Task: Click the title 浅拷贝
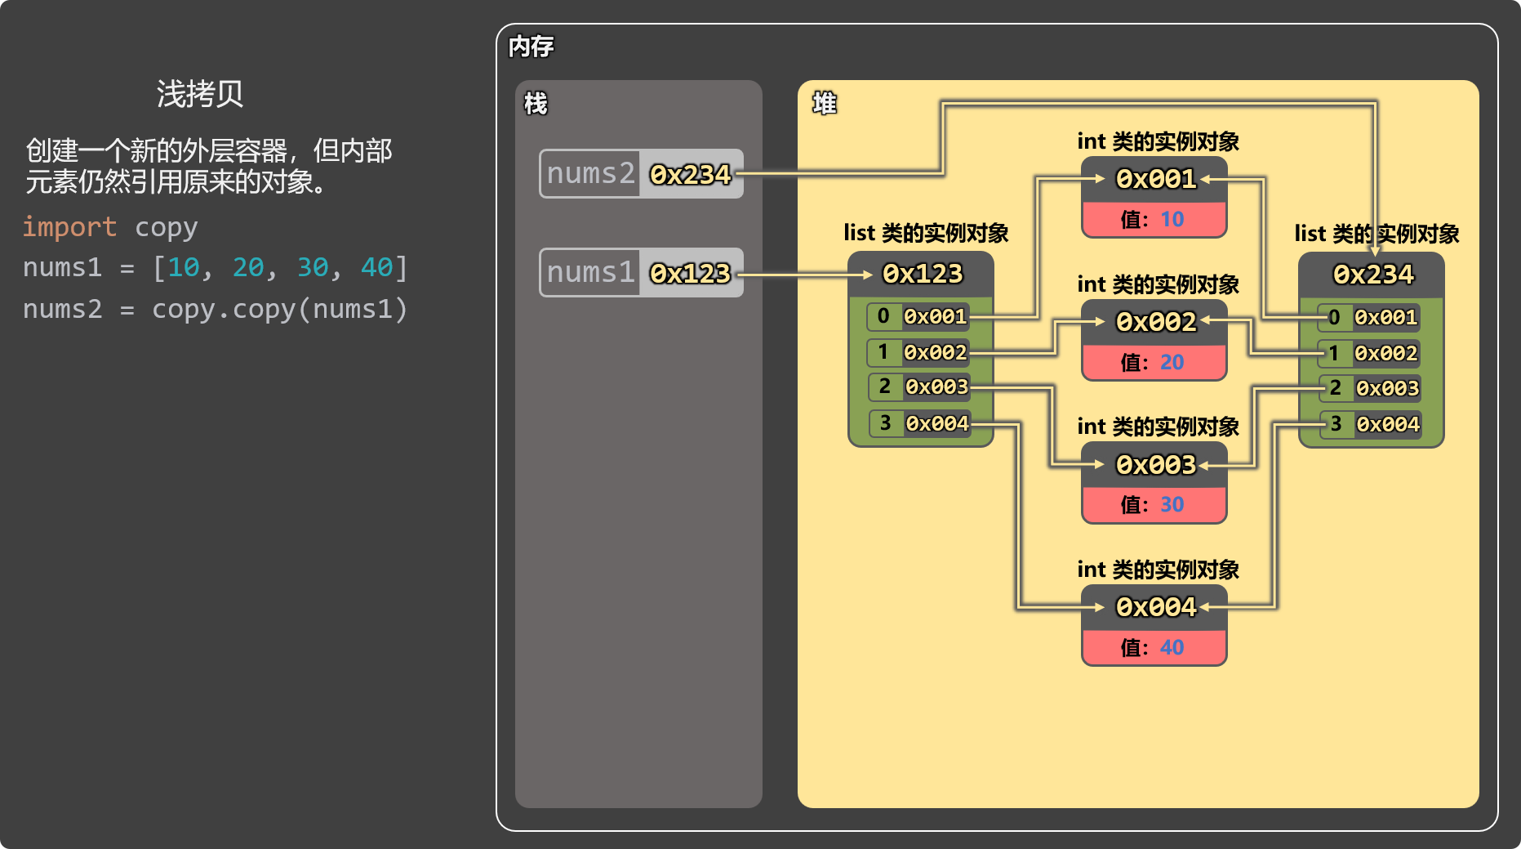[200, 94]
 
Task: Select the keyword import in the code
[69, 227]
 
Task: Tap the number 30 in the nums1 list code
[313, 267]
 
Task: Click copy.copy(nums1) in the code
[279, 310]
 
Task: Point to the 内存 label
[531, 47]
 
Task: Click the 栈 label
[536, 104]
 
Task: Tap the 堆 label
[825, 103]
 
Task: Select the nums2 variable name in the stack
[590, 173]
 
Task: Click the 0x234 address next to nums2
[690, 174]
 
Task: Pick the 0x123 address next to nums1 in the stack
[690, 273]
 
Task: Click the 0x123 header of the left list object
[923, 274]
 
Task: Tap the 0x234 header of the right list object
[1373, 275]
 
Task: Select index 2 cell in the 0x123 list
[885, 387]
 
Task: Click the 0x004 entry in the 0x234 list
[1388, 424]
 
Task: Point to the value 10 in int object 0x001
[1172, 219]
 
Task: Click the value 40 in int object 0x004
[1172, 647]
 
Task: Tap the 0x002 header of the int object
[1156, 322]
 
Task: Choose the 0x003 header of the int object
[1156, 465]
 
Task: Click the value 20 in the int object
[1172, 362]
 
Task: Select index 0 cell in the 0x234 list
[1334, 317]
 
